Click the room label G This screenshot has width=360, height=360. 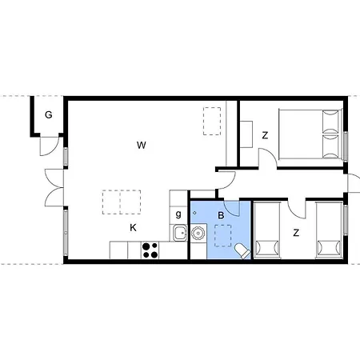click(x=48, y=115)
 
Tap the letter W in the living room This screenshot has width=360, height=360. click(x=142, y=146)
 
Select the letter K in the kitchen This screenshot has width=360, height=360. click(x=133, y=228)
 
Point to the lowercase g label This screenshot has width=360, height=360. click(x=178, y=214)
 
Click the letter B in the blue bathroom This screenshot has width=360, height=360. click(x=221, y=215)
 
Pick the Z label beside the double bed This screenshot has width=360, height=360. click(x=265, y=135)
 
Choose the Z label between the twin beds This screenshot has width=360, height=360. click(x=296, y=233)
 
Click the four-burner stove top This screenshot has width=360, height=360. click(x=150, y=250)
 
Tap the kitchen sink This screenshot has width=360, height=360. click(x=181, y=233)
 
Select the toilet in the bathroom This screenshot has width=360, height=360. click(x=242, y=250)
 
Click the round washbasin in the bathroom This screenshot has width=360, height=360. click(x=198, y=233)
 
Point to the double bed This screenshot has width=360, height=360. click(x=310, y=134)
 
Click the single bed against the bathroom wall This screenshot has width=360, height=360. click(x=267, y=230)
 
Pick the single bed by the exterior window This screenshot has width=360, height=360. click(x=329, y=230)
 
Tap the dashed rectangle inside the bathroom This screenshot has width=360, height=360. click(x=223, y=235)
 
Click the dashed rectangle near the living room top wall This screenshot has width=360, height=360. click(x=212, y=121)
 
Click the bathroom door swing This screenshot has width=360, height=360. click(x=233, y=208)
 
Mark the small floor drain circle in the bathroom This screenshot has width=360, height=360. click(x=194, y=213)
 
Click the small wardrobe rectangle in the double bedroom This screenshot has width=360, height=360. click(x=246, y=134)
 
